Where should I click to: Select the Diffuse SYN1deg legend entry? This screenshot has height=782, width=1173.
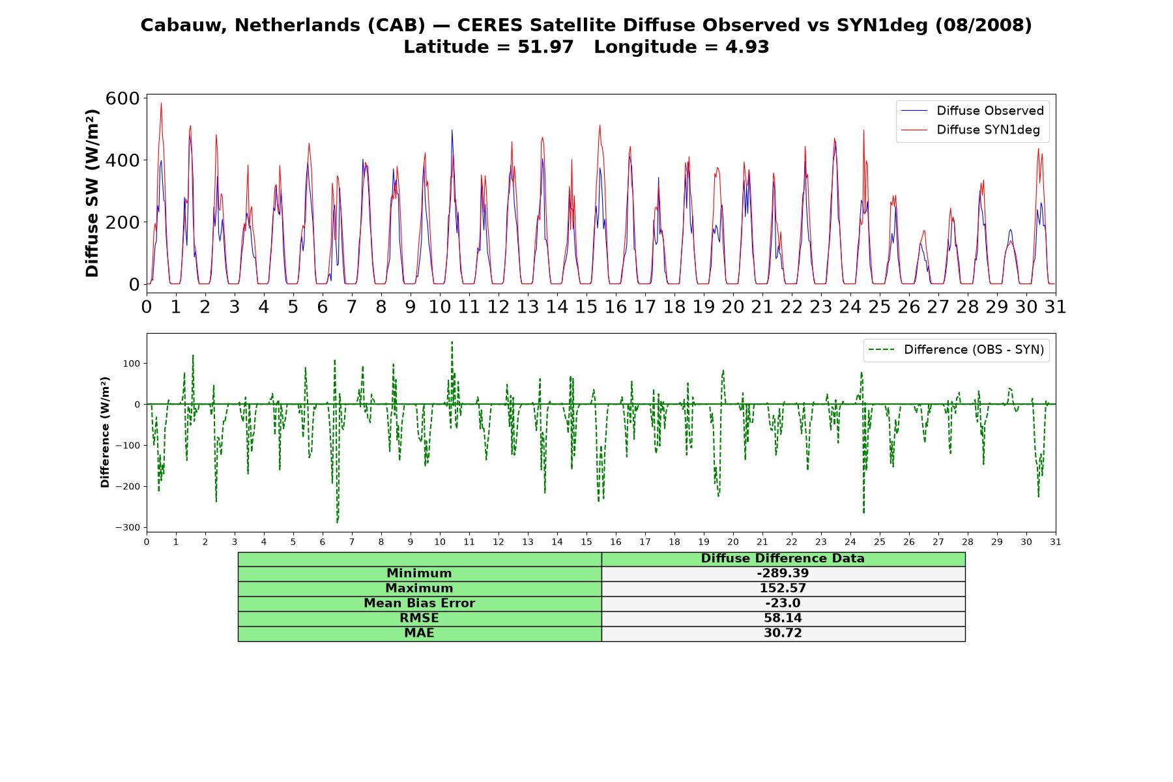[x=970, y=130]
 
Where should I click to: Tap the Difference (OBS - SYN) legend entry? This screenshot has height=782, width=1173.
[x=956, y=350]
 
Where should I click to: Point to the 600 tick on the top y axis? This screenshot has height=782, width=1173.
[x=123, y=98]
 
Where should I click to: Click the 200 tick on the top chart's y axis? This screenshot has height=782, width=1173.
[x=123, y=222]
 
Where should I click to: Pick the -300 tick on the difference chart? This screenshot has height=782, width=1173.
[x=127, y=527]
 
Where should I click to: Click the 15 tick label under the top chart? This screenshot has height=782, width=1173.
[x=586, y=306]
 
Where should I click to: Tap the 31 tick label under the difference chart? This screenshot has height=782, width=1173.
[x=1055, y=542]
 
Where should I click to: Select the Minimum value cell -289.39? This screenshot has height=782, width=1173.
[x=783, y=573]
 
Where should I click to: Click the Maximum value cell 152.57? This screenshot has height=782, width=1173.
[x=783, y=588]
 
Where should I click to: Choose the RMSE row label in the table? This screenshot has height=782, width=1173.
[x=419, y=618]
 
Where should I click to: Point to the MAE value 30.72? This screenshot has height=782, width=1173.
[x=783, y=633]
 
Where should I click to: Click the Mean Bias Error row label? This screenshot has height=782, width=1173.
[x=419, y=603]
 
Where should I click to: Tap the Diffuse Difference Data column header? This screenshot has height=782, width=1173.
[x=783, y=558]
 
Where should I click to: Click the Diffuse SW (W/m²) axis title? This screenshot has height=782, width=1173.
[x=92, y=194]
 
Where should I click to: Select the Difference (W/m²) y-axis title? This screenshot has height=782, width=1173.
[x=105, y=433]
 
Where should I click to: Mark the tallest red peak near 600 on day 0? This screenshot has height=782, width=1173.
[x=161, y=103]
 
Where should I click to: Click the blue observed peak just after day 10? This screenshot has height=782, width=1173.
[x=452, y=130]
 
